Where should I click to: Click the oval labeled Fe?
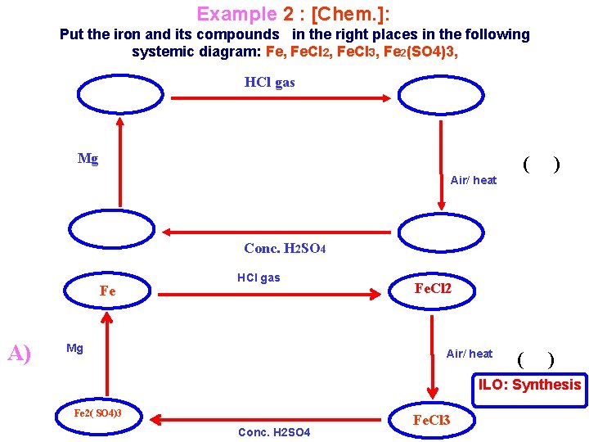[108, 291]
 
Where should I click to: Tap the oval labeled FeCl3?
[431, 421]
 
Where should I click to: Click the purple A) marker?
[20, 353]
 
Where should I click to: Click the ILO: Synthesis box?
[530, 385]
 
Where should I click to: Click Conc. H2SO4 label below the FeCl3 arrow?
[274, 432]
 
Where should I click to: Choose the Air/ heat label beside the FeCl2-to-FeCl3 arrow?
[470, 354]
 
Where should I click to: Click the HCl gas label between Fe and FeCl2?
[259, 277]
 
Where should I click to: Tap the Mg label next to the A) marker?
[74, 349]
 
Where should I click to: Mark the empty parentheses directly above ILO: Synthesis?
[536, 359]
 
